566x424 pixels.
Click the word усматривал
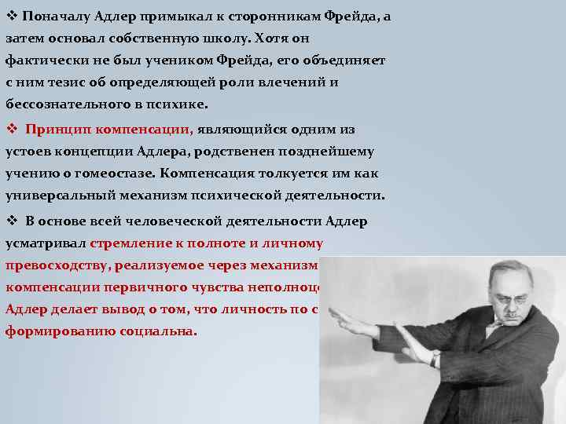tap(45, 243)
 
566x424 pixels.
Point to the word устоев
tap(28, 152)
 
